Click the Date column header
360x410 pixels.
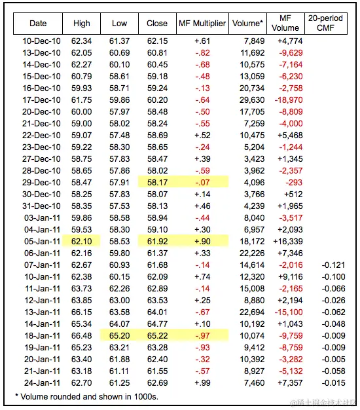click(39, 24)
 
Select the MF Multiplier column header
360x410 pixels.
click(202, 24)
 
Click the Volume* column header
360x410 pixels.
click(248, 24)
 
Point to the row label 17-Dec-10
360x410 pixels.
click(39, 100)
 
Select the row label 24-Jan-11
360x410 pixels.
click(39, 382)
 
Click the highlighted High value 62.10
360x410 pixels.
click(82, 241)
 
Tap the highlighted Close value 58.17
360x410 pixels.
click(157, 182)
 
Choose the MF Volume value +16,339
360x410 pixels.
click(286, 241)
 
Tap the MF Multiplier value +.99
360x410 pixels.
click(202, 382)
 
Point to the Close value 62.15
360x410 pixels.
click(157, 41)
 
